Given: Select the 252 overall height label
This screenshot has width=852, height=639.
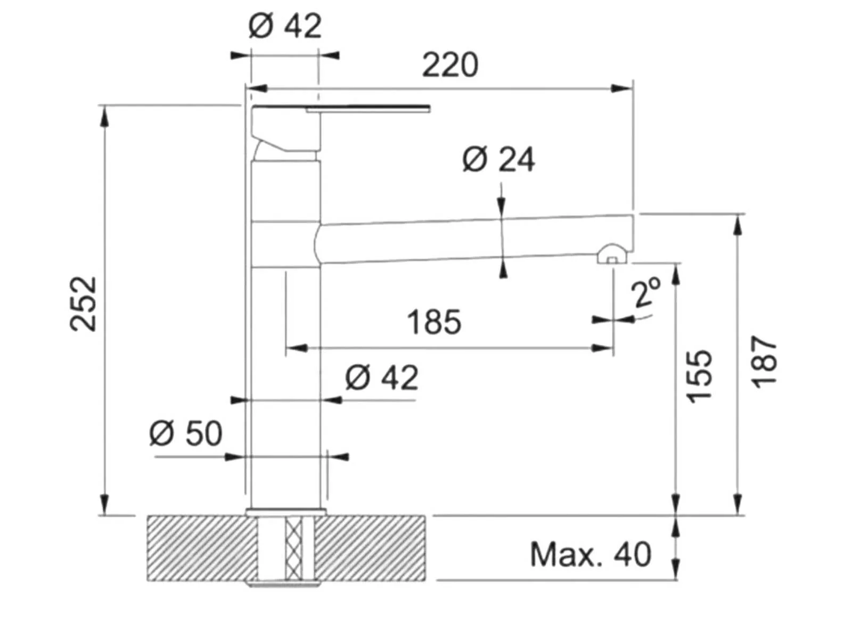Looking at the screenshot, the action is [x=83, y=304].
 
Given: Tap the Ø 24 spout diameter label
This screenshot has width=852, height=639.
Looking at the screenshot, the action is [x=498, y=159].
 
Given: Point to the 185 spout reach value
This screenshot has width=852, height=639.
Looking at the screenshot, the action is [x=434, y=322].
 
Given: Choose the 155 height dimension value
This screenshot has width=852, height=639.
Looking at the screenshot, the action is [x=699, y=376].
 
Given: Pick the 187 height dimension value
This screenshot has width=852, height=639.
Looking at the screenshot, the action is [x=764, y=362].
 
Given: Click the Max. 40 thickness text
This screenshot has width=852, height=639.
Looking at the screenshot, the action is [x=590, y=555].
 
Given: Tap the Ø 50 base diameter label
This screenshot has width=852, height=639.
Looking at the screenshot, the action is [x=185, y=433].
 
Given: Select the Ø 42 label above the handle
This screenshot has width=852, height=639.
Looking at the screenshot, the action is [x=285, y=26].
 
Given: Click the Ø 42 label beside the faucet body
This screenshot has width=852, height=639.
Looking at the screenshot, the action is [x=382, y=378].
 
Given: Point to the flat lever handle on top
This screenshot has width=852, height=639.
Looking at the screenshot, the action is [x=341, y=108].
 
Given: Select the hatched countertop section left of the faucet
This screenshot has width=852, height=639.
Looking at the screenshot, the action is [x=202, y=548].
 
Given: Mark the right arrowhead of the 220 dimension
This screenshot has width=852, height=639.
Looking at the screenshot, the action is [x=622, y=88].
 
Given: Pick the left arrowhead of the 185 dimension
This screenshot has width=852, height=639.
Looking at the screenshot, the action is [x=297, y=348].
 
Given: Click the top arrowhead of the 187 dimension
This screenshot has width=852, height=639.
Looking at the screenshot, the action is [x=738, y=224].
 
